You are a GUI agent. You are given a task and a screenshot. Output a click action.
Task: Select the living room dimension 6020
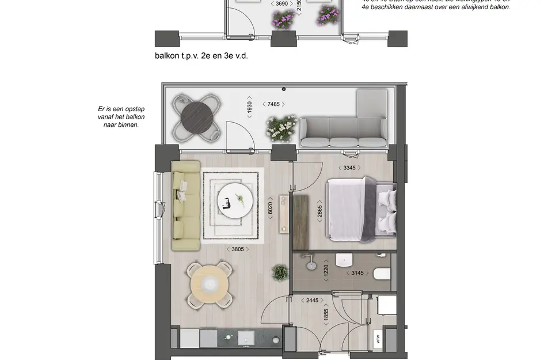270,208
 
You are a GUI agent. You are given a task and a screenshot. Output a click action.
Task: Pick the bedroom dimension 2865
319,211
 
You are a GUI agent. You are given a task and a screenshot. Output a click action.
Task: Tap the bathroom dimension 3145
357,273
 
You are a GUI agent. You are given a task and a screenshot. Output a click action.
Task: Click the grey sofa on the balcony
344,128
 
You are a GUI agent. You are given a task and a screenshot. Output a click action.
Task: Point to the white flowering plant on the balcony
282,127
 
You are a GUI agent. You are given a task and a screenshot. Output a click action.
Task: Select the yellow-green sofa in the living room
185,206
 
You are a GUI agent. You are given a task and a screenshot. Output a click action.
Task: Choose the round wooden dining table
210,283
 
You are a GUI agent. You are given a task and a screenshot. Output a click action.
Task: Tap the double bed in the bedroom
362,209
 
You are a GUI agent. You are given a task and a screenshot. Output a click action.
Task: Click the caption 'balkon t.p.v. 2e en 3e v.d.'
201,56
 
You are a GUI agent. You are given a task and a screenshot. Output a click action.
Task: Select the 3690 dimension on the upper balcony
281,3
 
